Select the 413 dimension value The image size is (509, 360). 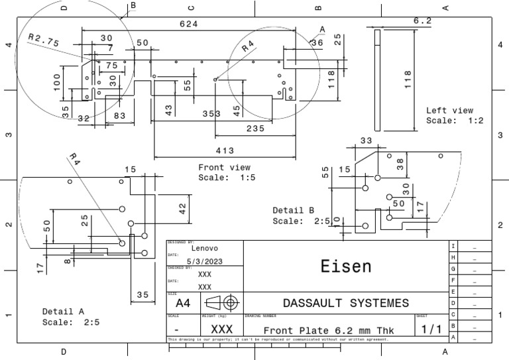(225, 151)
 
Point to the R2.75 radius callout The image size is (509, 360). (44, 40)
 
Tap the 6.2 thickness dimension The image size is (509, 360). (423, 21)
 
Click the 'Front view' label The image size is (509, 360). (224, 168)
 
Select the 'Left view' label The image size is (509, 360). (449, 111)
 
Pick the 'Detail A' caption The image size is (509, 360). (63, 311)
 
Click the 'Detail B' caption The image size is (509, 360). (293, 210)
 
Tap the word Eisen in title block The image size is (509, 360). (346, 267)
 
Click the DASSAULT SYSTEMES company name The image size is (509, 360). (346, 303)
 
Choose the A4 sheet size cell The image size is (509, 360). (182, 302)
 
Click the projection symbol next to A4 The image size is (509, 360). (221, 302)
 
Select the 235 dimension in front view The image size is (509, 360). (255, 128)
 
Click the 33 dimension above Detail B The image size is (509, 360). (366, 141)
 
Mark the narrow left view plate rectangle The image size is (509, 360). (377, 80)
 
